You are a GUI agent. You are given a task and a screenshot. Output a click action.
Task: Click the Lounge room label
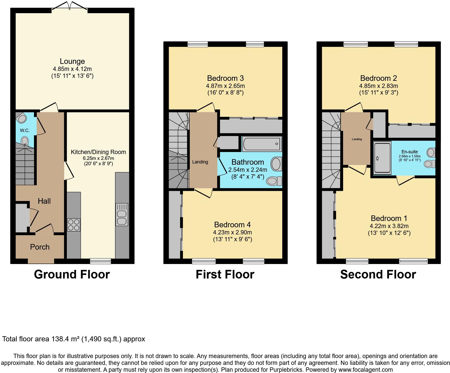72,61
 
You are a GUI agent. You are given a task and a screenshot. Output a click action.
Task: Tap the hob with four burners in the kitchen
74,225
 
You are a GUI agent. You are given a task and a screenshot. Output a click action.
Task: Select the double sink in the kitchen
122,214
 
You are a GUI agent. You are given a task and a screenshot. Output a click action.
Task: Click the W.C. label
25,130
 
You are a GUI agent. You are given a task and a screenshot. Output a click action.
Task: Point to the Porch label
40,247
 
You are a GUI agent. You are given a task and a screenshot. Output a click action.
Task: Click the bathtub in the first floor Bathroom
262,144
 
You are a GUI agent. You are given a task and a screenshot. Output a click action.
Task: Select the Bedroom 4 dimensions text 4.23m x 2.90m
232,232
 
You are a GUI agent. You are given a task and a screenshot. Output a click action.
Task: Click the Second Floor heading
378,274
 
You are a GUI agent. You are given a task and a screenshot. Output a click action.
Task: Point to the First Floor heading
225,274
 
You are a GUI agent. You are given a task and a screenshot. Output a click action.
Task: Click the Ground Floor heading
72,274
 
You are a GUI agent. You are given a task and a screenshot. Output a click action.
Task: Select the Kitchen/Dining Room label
98,152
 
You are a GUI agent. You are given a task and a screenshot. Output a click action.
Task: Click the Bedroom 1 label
389,218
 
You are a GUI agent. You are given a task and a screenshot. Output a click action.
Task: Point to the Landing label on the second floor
357,139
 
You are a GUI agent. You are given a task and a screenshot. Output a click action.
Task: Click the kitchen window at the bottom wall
101,261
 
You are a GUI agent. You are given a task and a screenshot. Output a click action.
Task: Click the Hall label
44,201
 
